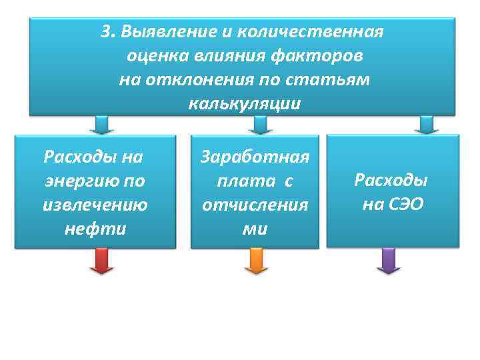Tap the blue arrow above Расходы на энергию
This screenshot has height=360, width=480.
102,125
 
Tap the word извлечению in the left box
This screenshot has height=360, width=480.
95,205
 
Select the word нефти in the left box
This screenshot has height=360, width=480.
95,229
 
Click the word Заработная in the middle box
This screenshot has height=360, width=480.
255,157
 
